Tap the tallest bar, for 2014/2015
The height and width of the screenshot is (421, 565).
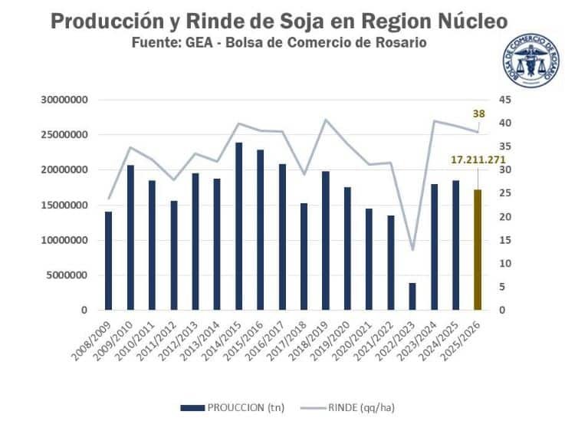click(239, 226)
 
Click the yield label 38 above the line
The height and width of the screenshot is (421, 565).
click(478, 114)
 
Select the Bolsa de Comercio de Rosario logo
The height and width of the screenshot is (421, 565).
click(531, 61)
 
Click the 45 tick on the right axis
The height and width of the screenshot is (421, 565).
click(504, 100)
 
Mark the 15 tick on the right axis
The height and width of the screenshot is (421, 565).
click(504, 240)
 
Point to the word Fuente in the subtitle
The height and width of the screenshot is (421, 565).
click(158, 42)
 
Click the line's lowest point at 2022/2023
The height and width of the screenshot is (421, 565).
click(412, 250)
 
